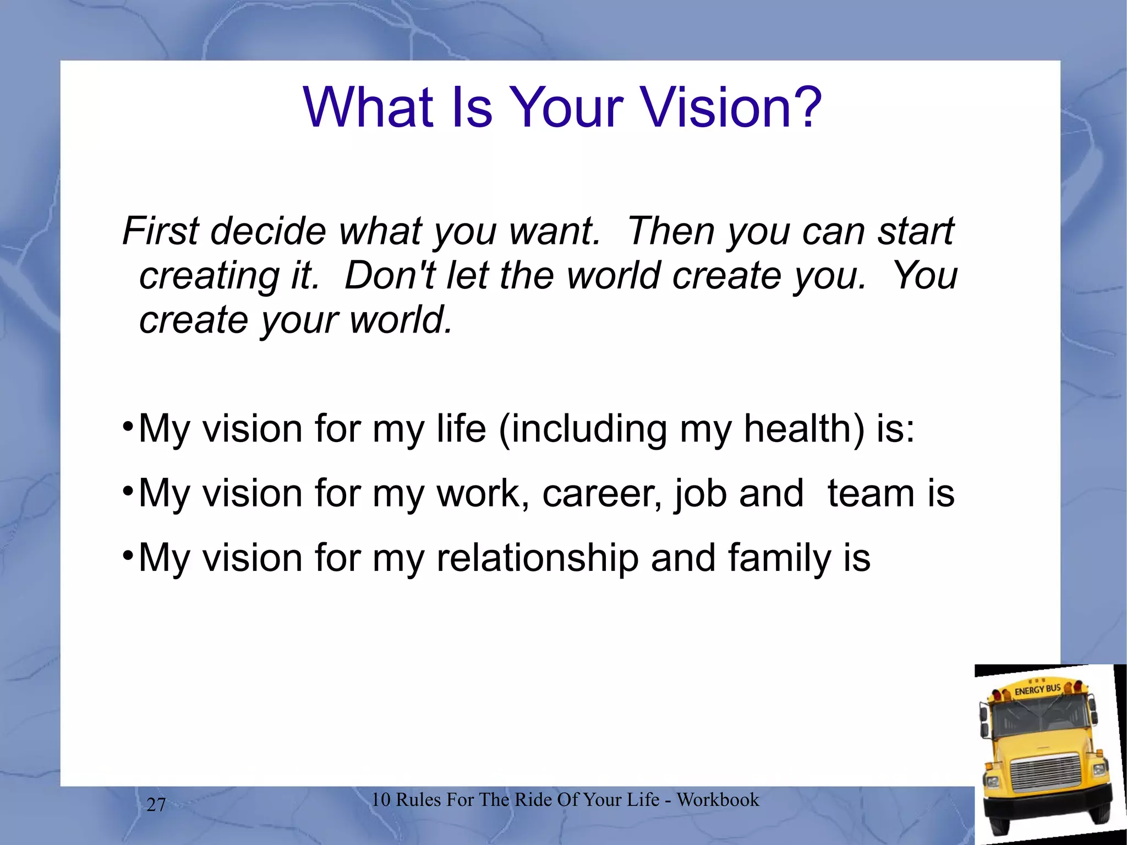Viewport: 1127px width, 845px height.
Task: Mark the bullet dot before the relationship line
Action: pyautogui.click(x=127, y=555)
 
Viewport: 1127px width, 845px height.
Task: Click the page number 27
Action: pyautogui.click(x=156, y=805)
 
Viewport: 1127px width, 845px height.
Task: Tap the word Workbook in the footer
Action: pyautogui.click(x=718, y=799)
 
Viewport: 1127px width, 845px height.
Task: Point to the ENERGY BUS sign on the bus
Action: pyautogui.click(x=1037, y=690)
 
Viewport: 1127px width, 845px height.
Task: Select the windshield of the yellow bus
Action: pyautogui.click(x=1040, y=722)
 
